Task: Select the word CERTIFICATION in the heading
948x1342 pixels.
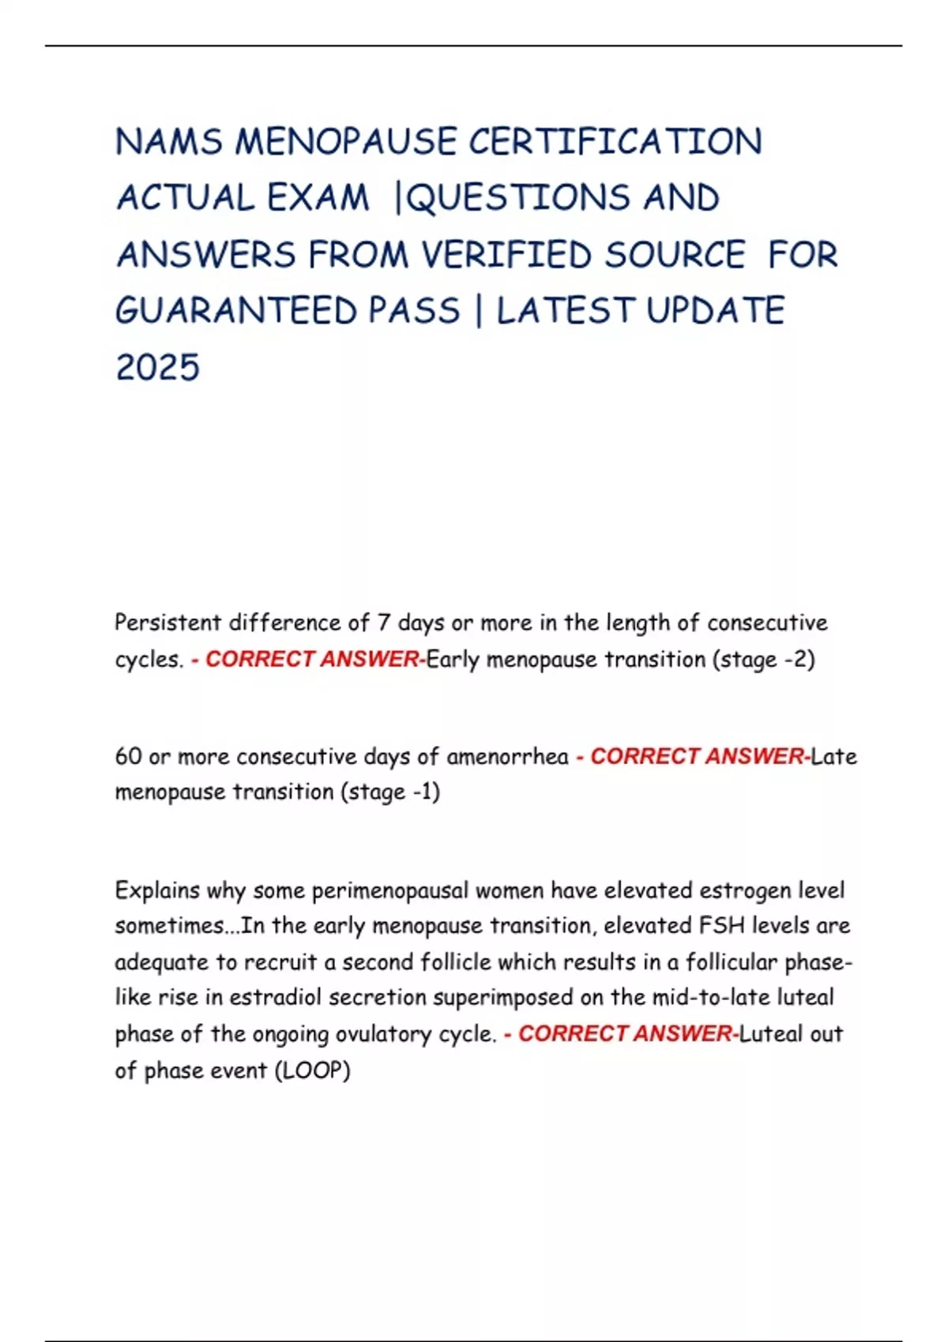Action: click(x=615, y=142)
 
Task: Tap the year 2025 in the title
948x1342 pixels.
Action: click(x=158, y=368)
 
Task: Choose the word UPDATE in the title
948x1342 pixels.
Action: click(x=715, y=311)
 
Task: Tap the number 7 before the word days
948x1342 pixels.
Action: click(x=383, y=623)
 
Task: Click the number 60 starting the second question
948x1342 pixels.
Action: click(x=127, y=756)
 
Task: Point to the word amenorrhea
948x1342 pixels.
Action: click(x=507, y=756)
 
